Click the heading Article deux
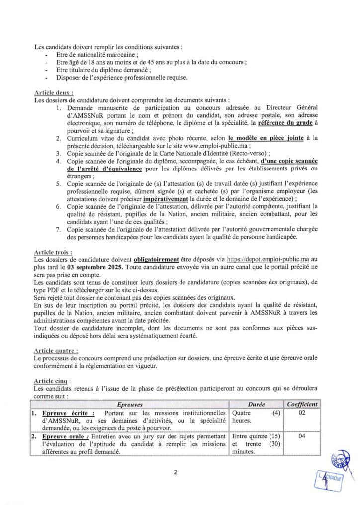54,93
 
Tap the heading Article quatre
56,350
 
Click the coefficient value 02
300,413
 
